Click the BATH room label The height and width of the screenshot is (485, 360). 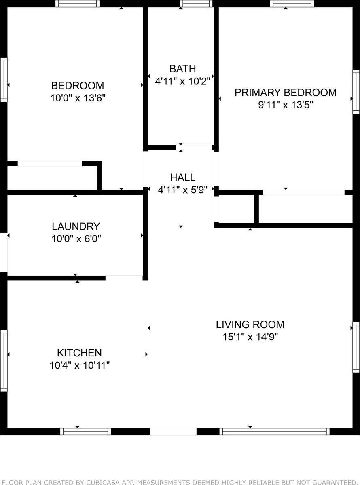click(x=182, y=69)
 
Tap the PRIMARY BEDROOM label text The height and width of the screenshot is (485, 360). click(x=286, y=92)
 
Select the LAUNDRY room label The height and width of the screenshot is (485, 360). click(x=76, y=226)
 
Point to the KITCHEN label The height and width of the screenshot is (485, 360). click(x=79, y=353)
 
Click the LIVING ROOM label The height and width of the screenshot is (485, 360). click(x=250, y=324)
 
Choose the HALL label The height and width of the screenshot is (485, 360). click(x=183, y=177)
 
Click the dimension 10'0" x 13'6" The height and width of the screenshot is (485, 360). click(x=78, y=98)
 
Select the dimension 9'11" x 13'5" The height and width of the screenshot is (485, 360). click(x=286, y=105)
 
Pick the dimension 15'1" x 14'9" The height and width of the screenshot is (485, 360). click(x=250, y=337)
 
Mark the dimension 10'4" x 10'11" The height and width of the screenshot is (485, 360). click(x=80, y=365)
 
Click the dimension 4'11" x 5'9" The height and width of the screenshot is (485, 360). click(x=183, y=190)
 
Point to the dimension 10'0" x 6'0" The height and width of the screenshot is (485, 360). click(x=76, y=239)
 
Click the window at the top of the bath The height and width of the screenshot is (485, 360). click(x=196, y=4)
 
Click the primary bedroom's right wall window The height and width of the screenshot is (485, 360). click(x=356, y=92)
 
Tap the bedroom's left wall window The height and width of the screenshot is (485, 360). click(x=4, y=80)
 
